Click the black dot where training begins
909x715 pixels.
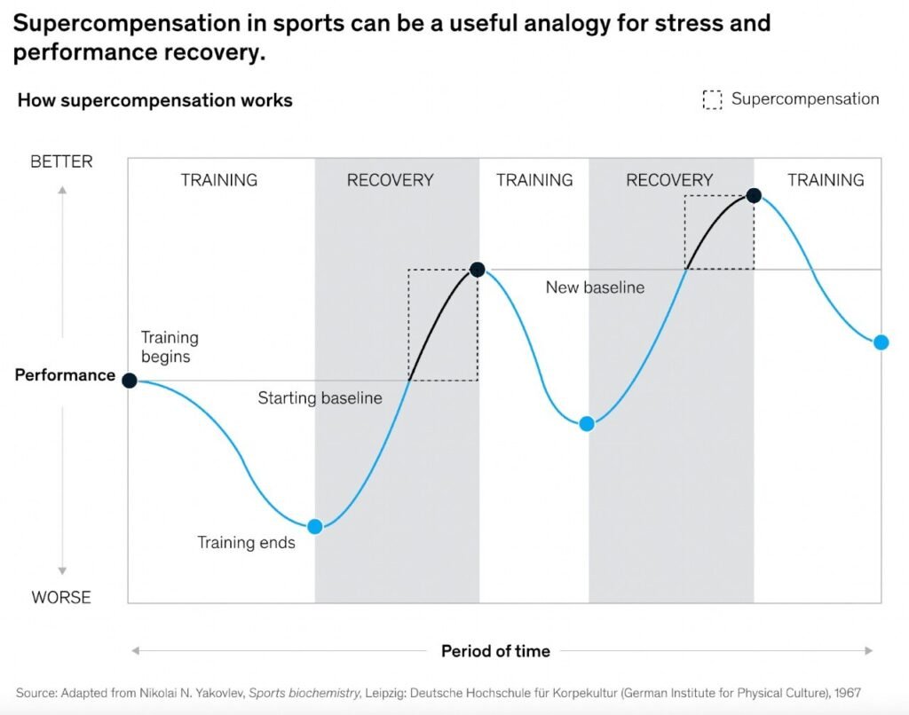point(130,381)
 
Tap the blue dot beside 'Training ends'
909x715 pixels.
point(314,526)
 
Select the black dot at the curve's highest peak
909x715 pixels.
point(754,195)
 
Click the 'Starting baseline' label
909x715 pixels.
point(320,398)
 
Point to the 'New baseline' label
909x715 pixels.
point(595,287)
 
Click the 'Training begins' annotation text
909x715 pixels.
point(170,347)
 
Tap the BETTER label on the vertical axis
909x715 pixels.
point(61,161)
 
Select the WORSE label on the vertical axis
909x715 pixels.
point(61,597)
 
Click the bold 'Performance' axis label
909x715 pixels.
point(65,375)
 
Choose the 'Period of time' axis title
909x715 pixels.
point(495,651)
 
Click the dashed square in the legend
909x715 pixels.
point(712,99)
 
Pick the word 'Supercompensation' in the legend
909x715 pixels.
point(805,99)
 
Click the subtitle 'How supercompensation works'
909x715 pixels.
point(154,100)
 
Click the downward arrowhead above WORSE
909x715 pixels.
point(62,571)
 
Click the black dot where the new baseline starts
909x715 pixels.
point(477,269)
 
